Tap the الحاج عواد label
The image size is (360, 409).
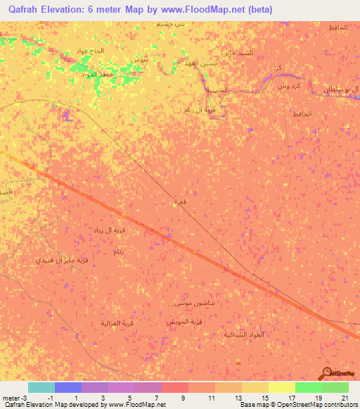click(x=90, y=51)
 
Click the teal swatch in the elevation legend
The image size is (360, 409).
click(x=41, y=387)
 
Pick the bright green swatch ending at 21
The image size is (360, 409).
click(x=335, y=387)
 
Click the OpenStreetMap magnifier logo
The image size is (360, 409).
click(x=328, y=374)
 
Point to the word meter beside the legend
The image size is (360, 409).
click(x=9, y=397)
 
